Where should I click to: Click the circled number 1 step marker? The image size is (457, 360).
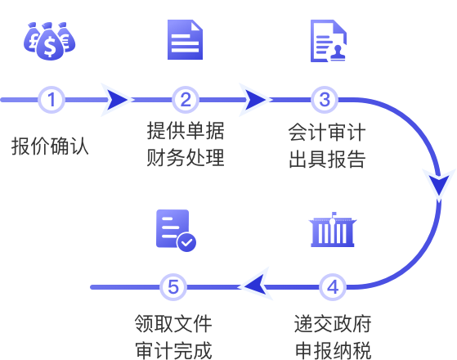pyautogui.click(x=52, y=100)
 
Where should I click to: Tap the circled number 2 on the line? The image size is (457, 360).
pyautogui.click(x=186, y=100)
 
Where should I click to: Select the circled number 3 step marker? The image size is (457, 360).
pyautogui.click(x=325, y=100)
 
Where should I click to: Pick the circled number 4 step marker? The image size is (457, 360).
pyautogui.click(x=333, y=287)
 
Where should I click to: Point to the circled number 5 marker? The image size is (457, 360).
pyautogui.click(x=173, y=287)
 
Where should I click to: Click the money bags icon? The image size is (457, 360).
pyautogui.click(x=50, y=41)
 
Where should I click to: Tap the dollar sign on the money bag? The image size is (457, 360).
pyautogui.click(x=50, y=47)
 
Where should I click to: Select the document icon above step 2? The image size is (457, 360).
pyautogui.click(x=185, y=39)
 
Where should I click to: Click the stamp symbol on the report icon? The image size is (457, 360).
pyautogui.click(x=338, y=53)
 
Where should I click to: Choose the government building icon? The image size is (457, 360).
pyautogui.click(x=333, y=230)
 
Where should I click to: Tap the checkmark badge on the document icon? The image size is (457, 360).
pyautogui.click(x=187, y=242)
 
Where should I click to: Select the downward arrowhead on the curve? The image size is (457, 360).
pyautogui.click(x=439, y=185)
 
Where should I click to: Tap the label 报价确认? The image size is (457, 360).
pyautogui.click(x=50, y=146)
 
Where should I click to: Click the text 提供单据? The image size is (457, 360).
pyautogui.click(x=186, y=131)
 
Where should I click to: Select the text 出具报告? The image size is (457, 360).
pyautogui.click(x=327, y=159)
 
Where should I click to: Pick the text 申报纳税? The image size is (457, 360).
pyautogui.click(x=333, y=350)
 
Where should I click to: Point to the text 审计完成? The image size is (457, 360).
pyautogui.click(x=173, y=350)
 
